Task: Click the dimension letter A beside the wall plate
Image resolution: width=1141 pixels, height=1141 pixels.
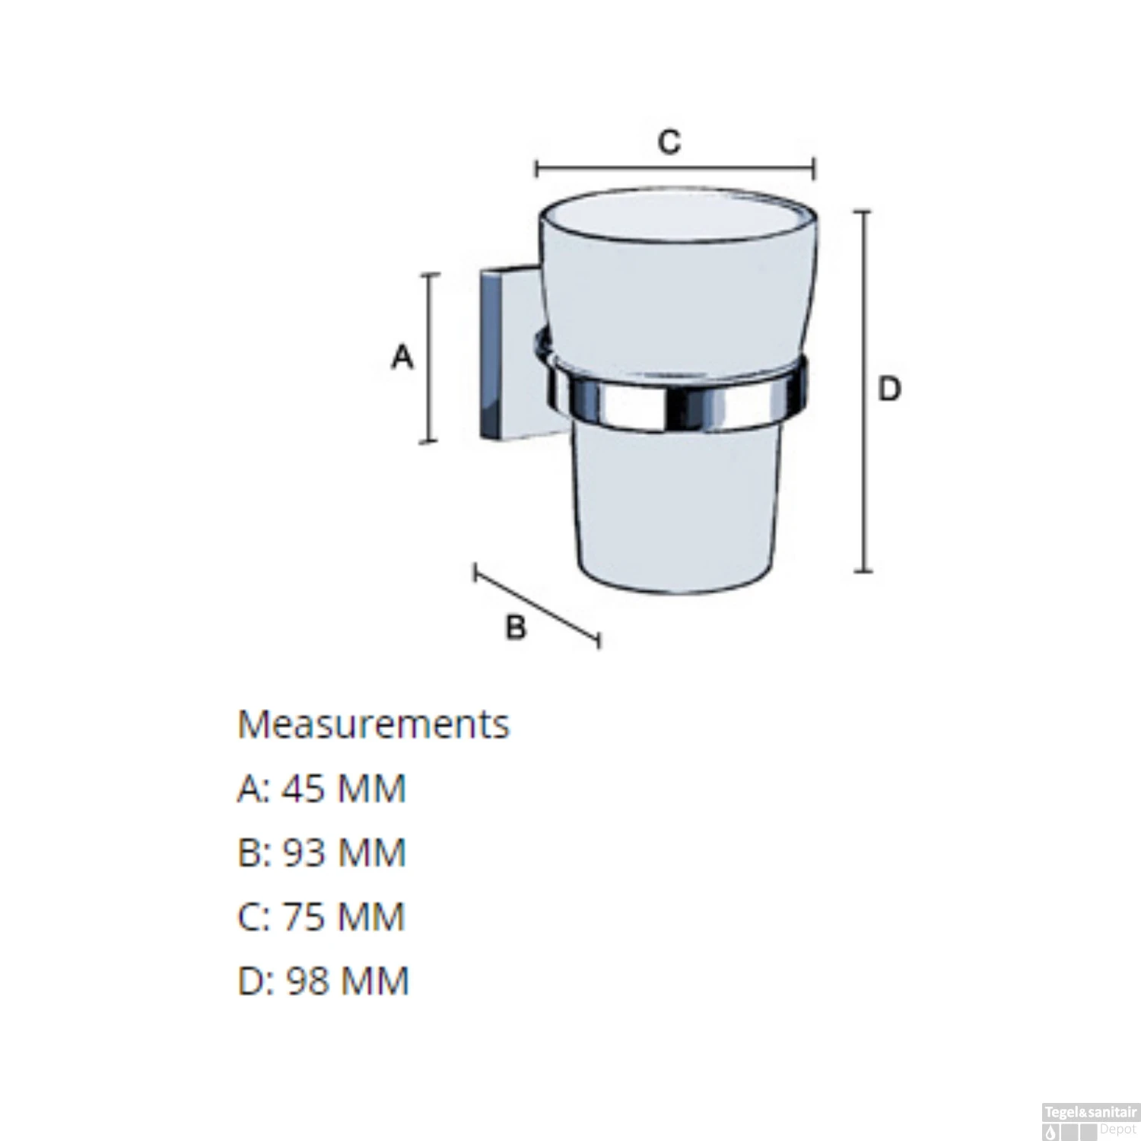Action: point(402,357)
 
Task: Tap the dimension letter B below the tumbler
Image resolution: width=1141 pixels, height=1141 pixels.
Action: point(516,628)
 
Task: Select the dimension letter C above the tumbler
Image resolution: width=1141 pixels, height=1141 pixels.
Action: point(669,141)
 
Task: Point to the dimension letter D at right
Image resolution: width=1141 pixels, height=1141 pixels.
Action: point(889,389)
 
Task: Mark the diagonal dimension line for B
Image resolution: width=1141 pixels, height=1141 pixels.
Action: point(537,606)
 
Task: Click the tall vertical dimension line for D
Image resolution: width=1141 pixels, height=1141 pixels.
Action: point(864,391)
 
